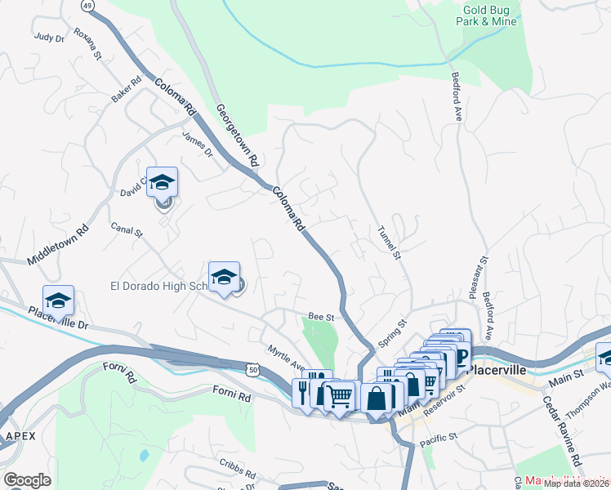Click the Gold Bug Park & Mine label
coord(487,14)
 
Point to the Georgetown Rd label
coord(237,134)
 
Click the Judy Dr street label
coord(48,37)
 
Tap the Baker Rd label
coord(127,90)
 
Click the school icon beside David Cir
coord(162,185)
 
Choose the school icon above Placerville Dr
coord(58,301)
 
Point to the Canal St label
coord(127,232)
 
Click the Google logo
coord(27,479)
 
